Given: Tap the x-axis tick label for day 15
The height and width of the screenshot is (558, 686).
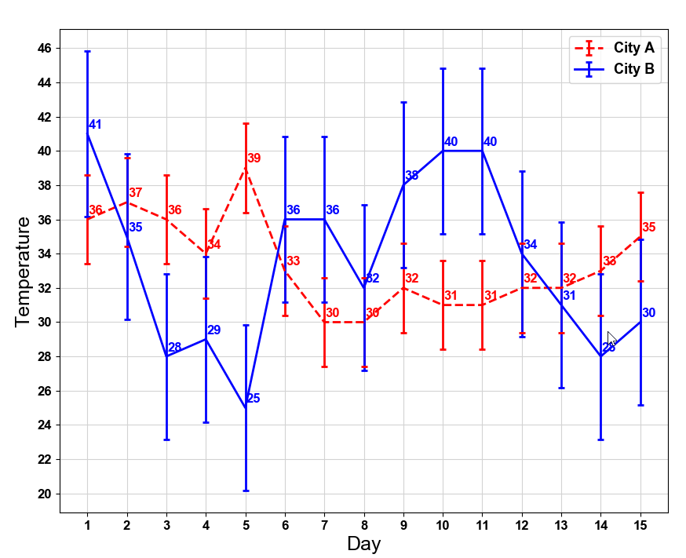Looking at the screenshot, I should tap(640, 524).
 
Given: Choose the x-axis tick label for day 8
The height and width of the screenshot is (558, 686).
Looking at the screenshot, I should tap(363, 524).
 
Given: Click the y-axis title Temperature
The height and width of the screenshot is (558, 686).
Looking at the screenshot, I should tap(23, 272).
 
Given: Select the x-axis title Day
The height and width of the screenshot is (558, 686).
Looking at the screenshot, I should tap(363, 543).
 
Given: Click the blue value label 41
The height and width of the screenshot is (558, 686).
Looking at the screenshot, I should tap(95, 125).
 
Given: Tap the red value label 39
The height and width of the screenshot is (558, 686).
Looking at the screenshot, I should tap(254, 159).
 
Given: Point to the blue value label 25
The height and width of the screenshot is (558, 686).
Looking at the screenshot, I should tap(253, 399).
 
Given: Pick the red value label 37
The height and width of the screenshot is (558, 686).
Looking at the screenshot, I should tap(135, 193).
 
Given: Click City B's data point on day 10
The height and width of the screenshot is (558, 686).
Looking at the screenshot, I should tap(443, 151).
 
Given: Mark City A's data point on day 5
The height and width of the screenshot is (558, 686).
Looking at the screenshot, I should tap(246, 168).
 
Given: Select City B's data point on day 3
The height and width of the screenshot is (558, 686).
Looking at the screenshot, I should tap(166, 356).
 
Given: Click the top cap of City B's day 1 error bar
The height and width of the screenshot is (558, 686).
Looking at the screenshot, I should tap(87, 52).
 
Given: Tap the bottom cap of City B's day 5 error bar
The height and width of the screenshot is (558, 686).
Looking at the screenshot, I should tap(246, 491).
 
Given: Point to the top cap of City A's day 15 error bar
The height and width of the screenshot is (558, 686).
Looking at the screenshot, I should tap(640, 193).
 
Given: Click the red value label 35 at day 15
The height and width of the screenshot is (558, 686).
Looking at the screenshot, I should tap(648, 228).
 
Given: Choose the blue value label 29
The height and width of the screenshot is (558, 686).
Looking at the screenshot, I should tap(213, 330).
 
